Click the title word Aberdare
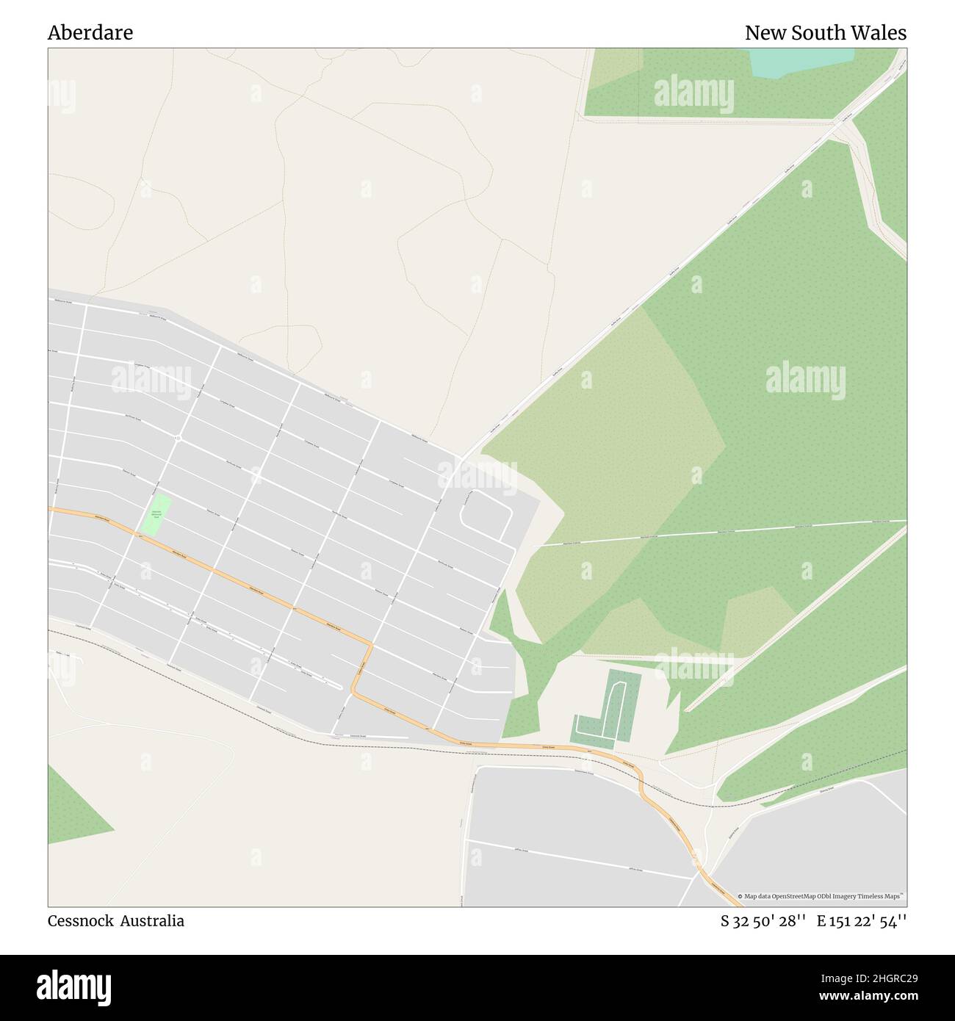[90, 33]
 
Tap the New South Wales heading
[825, 33]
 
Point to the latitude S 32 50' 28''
[763, 920]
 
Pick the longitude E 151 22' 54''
[862, 920]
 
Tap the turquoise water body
[801, 62]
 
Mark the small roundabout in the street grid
[179, 439]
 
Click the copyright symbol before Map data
[740, 896]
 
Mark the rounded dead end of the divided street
[339, 687]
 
